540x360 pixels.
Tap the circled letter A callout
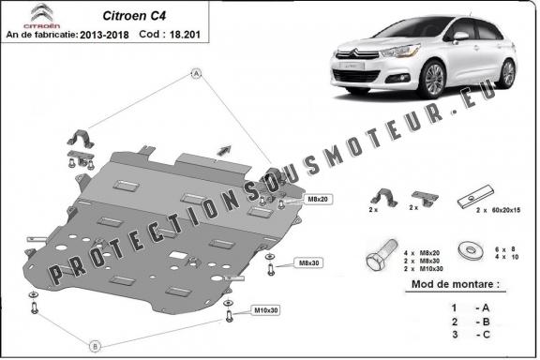196,72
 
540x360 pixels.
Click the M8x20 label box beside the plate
291,200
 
